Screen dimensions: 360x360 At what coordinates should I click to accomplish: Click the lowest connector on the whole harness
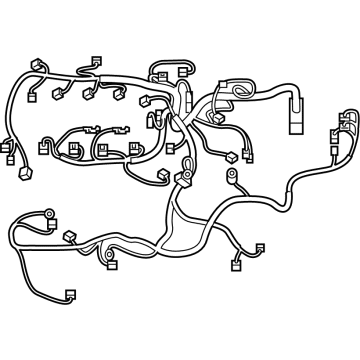71,296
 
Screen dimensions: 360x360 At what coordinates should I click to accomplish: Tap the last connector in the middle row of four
134,148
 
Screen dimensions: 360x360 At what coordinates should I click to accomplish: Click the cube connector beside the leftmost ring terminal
70,237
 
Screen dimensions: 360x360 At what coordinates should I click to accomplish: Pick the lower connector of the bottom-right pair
237,265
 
